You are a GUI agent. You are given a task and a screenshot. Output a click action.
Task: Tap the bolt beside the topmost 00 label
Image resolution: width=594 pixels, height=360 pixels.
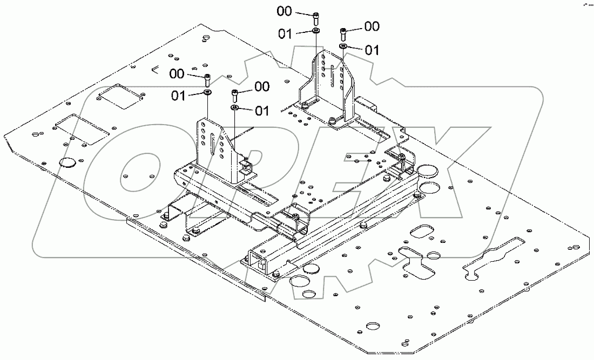315,17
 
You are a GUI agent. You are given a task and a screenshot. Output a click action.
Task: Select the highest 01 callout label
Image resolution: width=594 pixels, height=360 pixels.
286,33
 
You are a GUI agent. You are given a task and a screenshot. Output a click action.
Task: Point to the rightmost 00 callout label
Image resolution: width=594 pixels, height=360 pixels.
372,26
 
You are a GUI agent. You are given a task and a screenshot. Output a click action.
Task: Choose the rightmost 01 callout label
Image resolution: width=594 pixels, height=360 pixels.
372,51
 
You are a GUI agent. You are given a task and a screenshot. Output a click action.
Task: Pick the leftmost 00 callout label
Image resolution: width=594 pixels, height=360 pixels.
177,73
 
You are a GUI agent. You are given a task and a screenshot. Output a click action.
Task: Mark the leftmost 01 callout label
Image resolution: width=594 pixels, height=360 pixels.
179,96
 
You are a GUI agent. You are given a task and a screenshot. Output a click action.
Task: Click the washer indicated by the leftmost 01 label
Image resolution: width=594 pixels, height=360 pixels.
208,93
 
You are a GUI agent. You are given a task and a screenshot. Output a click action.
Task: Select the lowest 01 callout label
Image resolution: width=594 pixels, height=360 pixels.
261,111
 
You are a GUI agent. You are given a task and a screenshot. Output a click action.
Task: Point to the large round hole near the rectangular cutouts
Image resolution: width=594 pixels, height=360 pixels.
68,161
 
